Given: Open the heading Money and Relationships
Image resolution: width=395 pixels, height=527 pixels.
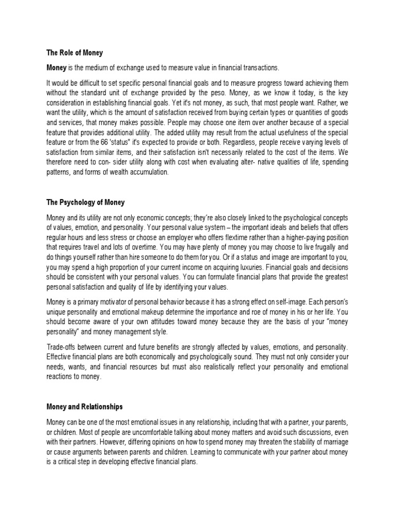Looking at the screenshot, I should [x=84, y=407].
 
